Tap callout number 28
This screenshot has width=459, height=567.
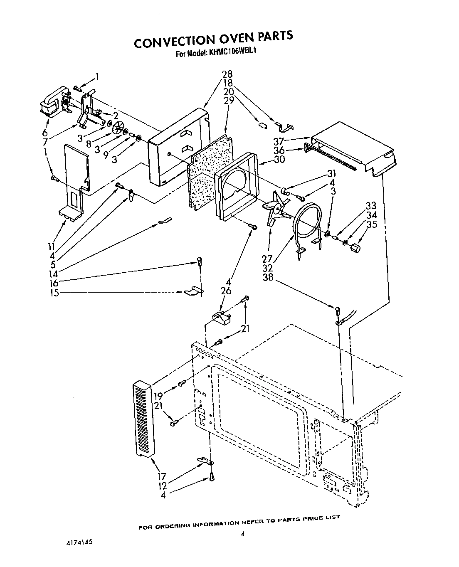(x=227, y=74)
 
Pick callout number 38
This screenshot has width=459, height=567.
(x=268, y=277)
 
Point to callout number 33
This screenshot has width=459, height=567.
(x=371, y=206)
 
